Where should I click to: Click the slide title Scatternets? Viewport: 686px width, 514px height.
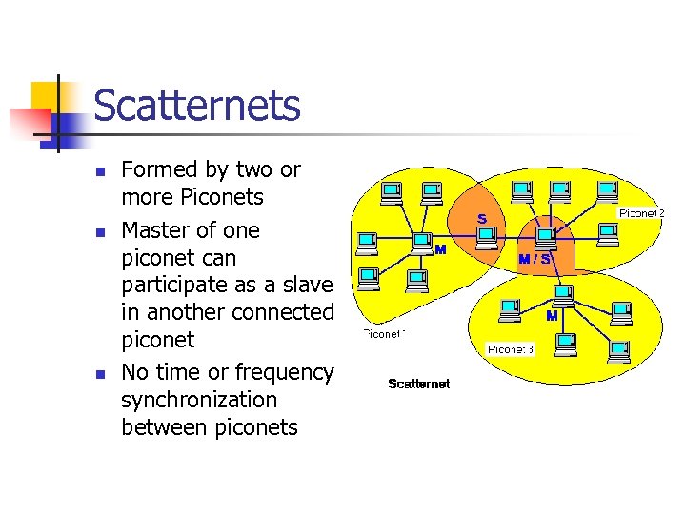coord(197,106)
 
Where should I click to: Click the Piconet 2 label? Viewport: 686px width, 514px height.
coord(641,213)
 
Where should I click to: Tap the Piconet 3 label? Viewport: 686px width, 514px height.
coord(511,349)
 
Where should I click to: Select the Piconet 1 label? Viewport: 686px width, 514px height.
coord(384,334)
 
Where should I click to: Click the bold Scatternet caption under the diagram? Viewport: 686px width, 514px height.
coord(418,384)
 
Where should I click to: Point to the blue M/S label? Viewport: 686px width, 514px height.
coord(534,258)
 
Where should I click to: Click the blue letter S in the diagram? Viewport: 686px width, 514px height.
coord(482,219)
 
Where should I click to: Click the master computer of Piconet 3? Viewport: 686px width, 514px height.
coord(563,294)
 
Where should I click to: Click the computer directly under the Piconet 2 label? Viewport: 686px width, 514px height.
coord(607,232)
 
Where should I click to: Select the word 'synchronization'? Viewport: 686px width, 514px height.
coord(199,400)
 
